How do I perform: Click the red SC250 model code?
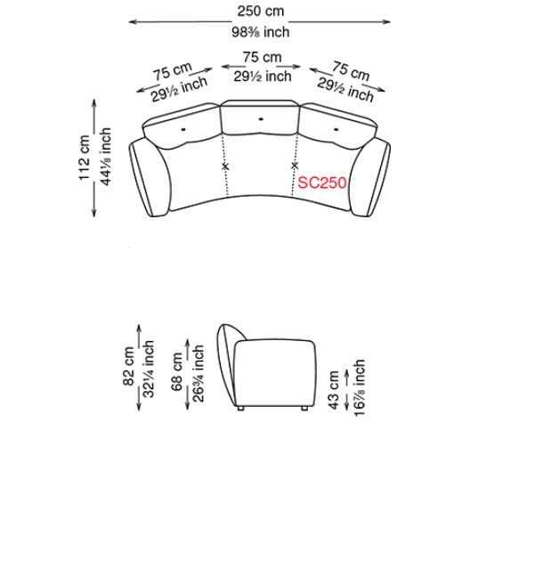pos(322,183)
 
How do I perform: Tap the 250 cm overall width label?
pos(261,11)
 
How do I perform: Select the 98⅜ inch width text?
pos(260,32)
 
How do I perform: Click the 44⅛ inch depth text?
pos(106,157)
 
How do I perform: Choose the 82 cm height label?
pos(128,366)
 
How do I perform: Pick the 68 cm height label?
pos(177,371)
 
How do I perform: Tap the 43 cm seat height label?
pos(333,390)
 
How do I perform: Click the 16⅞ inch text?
pos(359,387)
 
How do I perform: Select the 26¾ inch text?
pos(198,373)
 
